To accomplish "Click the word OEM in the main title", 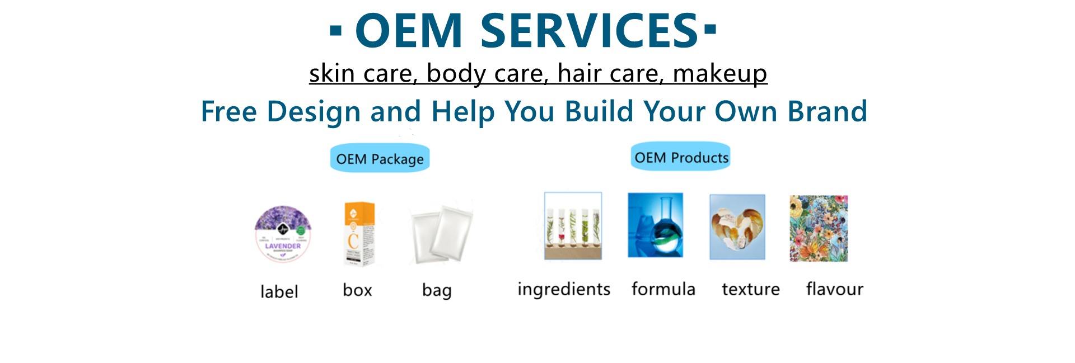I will coord(409,31).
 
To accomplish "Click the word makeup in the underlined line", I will coord(719,73).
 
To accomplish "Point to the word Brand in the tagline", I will coord(828,111).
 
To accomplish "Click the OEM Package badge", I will coord(380,159).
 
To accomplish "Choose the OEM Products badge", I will coord(681,157).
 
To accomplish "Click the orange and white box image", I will coord(358,234).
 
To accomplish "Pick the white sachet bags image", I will coord(441,233).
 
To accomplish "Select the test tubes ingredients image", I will coord(573,226).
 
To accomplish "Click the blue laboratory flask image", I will coord(655,225).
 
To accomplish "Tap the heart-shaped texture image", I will coord(737,227).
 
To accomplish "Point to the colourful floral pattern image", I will coord(819,228).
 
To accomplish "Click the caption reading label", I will coord(279,291).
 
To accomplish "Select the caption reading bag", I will coord(437,290).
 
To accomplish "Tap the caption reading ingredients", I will coord(564,289).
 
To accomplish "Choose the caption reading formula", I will coord(663,289).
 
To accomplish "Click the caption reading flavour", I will coord(834,289).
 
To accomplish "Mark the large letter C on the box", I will coord(353,241).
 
